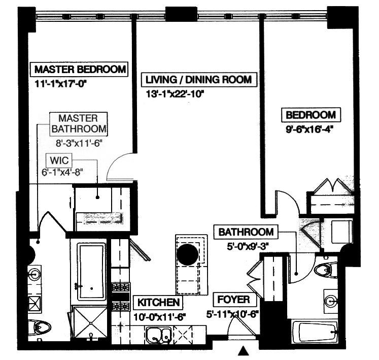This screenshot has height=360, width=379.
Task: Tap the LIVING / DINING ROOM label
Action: [x=198, y=80]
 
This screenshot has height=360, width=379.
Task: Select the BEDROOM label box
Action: [x=311, y=115]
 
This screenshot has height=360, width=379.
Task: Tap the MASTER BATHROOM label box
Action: [x=79, y=123]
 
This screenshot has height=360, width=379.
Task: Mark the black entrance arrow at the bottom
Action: [x=244, y=350]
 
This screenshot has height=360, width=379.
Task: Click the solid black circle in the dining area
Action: [x=187, y=254]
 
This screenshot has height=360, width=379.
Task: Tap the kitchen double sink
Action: [x=159, y=335]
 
